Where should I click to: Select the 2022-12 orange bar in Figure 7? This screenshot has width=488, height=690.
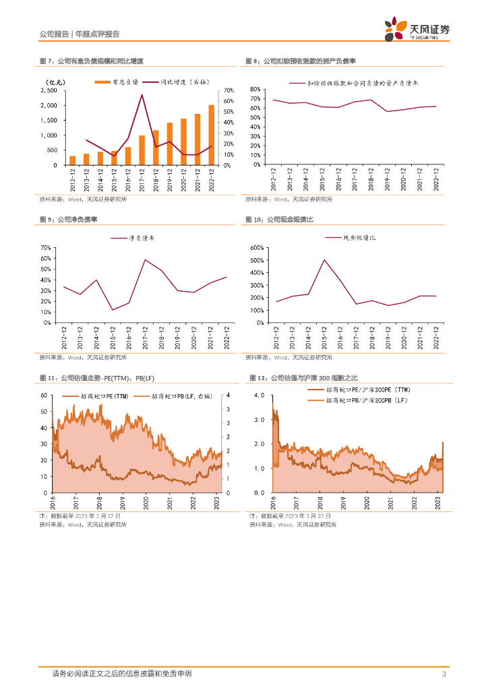(211, 135)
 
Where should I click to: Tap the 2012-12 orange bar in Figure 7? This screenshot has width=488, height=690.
(72, 160)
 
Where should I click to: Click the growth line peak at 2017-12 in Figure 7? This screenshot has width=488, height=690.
(142, 94)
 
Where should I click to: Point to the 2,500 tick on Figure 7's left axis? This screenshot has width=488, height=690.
(49, 90)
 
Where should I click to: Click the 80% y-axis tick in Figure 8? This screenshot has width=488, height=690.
(255, 89)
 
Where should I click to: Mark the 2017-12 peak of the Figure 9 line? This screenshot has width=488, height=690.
(145, 259)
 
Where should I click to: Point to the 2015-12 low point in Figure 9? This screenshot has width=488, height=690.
(113, 310)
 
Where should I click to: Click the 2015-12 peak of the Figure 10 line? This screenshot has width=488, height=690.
(324, 259)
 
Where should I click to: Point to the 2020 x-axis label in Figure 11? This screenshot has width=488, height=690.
(146, 503)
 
